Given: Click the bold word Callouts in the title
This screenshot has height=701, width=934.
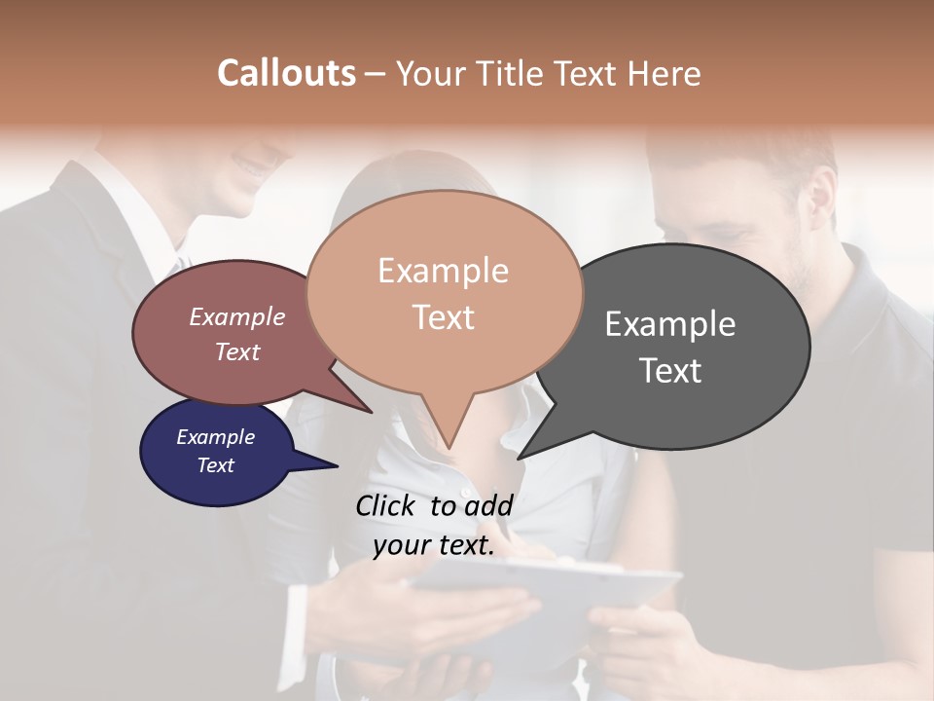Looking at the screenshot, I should [x=286, y=73].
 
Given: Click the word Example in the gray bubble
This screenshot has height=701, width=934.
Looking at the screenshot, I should [x=670, y=324].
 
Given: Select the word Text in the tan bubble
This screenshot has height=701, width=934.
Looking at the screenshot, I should [x=444, y=317].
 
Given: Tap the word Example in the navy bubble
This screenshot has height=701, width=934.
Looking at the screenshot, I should [x=216, y=437].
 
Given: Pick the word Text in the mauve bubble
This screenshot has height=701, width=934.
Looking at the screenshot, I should [x=237, y=352].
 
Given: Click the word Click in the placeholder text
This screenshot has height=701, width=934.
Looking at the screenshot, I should [x=386, y=505].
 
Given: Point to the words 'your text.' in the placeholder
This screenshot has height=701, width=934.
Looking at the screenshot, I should [x=434, y=546].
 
